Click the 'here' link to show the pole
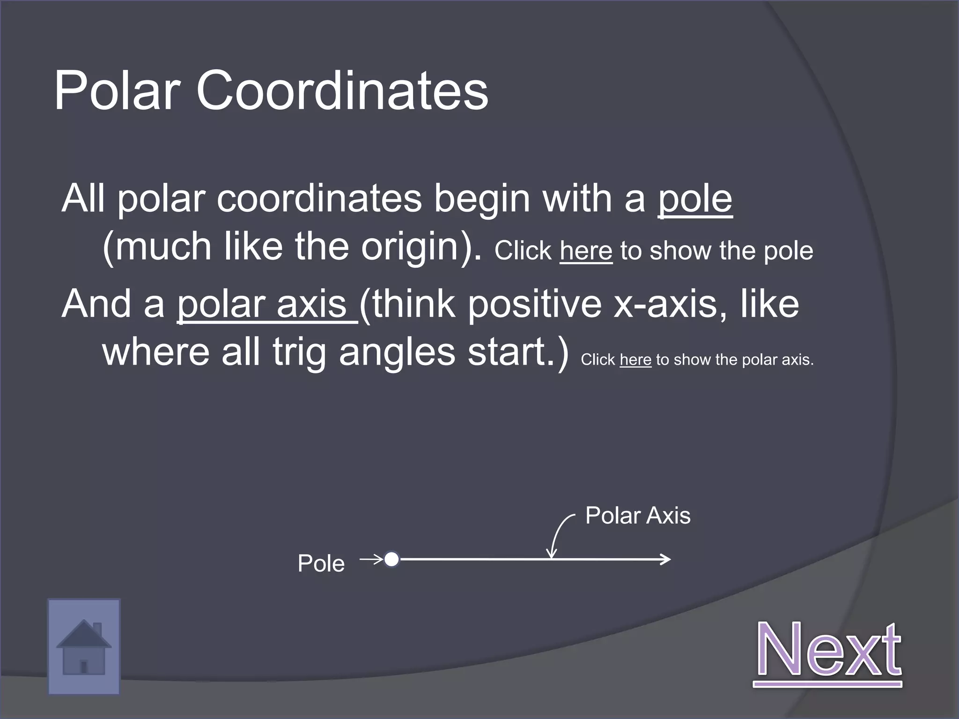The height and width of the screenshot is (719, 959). click(x=586, y=251)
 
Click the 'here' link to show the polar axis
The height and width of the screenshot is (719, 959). click(x=635, y=359)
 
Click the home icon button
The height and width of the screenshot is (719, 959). click(x=84, y=646)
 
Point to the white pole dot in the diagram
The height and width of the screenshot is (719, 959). click(x=391, y=559)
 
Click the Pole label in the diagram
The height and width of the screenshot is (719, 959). click(x=321, y=563)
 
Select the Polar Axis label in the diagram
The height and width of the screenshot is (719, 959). click(x=638, y=516)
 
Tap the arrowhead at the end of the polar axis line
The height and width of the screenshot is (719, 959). click(x=666, y=559)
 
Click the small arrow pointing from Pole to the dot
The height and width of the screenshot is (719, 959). click(x=371, y=559)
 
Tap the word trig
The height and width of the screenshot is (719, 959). click(x=299, y=353)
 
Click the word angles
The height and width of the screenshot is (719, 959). click(x=397, y=353)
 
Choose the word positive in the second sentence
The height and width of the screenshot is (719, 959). click(x=535, y=305)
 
